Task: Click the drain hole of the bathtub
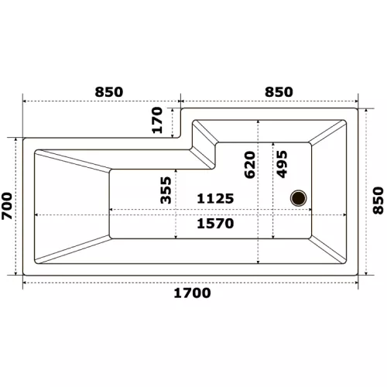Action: [x=299, y=198]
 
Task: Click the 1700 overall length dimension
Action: [x=192, y=293]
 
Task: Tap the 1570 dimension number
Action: [x=215, y=224]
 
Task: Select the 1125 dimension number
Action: [x=215, y=199]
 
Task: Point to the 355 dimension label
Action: [x=166, y=190]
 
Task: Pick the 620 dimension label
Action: [x=250, y=165]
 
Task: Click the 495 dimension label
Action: [x=282, y=164]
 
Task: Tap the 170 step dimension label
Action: [x=157, y=120]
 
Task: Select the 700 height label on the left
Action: [x=7, y=206]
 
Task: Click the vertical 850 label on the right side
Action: [x=378, y=200]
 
